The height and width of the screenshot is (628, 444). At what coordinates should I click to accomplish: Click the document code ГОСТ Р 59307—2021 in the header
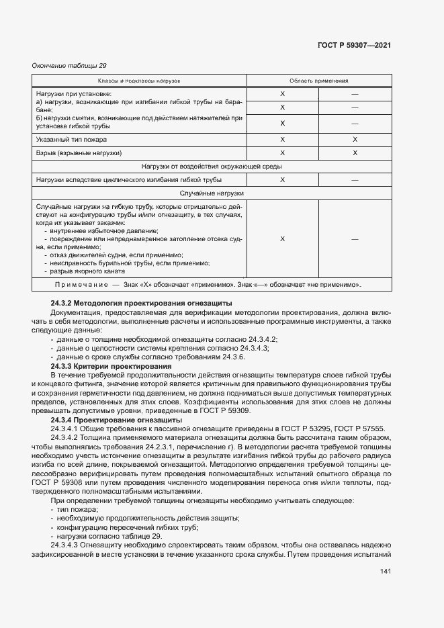pos(354,45)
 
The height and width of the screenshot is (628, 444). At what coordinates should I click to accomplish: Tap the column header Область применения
pos(318,81)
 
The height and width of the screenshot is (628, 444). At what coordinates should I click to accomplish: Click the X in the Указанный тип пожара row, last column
pos(355,139)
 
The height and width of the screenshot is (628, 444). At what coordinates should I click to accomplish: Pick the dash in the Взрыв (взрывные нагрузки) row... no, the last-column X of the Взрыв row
pos(355,152)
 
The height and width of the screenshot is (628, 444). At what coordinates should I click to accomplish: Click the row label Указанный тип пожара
pos(71,139)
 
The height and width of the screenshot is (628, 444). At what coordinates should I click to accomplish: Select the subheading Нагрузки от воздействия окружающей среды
pos(212,166)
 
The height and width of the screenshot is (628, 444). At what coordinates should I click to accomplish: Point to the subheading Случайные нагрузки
pos(212,193)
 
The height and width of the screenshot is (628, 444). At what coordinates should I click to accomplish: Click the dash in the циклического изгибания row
pos(355,179)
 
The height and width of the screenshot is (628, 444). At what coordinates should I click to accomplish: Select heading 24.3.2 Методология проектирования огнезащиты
pos(141,304)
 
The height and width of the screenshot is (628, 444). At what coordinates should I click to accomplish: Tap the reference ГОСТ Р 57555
pos(359,428)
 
